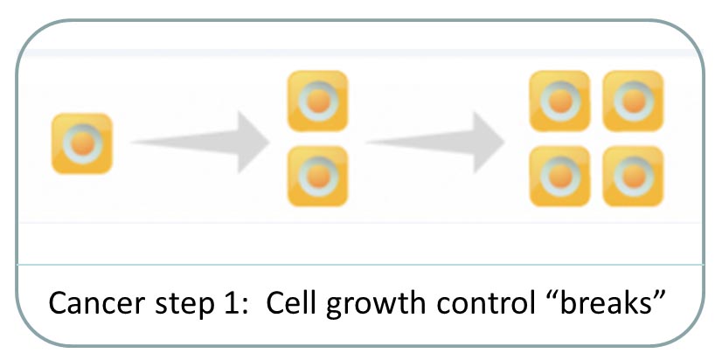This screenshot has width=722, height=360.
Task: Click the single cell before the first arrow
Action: (x=81, y=143)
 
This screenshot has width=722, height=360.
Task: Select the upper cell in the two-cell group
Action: (x=317, y=100)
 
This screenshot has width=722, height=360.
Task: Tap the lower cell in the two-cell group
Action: (x=317, y=176)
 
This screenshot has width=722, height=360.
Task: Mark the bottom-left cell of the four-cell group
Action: (x=559, y=177)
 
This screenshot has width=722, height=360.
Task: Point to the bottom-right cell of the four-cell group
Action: (x=633, y=177)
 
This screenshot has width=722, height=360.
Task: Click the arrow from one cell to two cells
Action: (x=200, y=140)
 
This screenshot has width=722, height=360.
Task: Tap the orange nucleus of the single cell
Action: (x=81, y=142)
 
